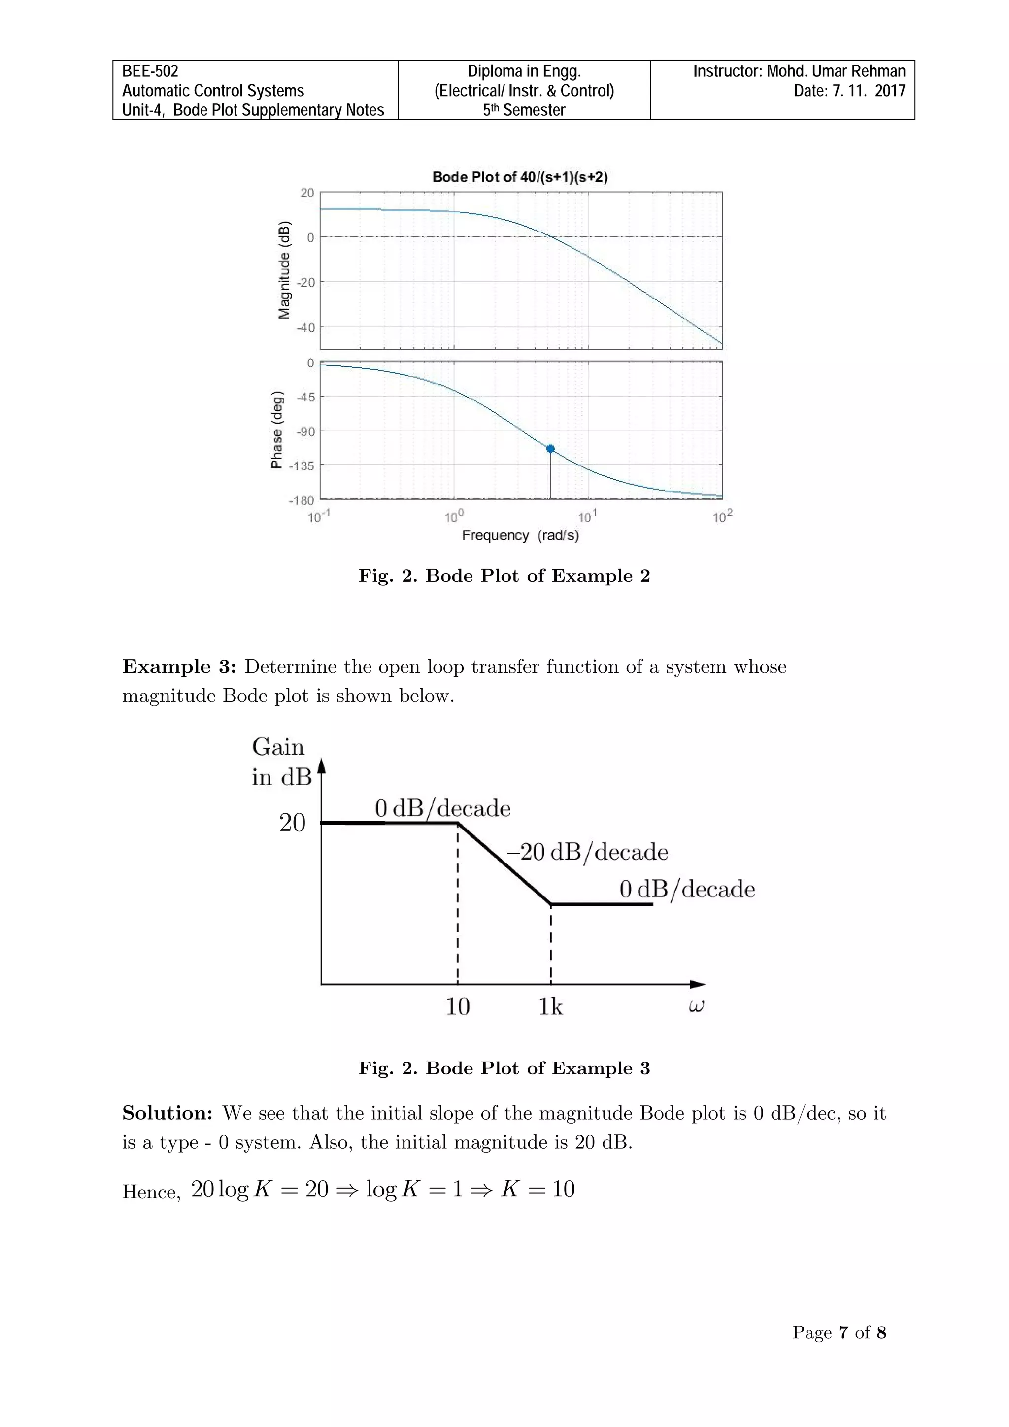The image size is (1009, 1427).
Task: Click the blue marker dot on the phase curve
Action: click(550, 449)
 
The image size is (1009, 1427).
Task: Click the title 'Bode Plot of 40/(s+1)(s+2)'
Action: click(520, 177)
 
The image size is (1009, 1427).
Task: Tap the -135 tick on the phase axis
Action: click(302, 466)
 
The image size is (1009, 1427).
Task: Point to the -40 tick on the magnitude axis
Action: click(305, 328)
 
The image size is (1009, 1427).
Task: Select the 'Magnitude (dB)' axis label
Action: click(284, 270)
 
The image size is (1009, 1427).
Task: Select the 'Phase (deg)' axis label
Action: click(277, 430)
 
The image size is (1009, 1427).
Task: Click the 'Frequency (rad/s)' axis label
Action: click(520, 536)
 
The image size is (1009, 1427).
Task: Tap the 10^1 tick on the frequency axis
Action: click(587, 517)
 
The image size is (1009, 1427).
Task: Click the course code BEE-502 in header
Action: click(150, 71)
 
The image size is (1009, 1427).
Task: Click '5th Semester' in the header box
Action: click(524, 110)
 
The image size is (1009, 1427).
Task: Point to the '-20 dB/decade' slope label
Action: click(587, 852)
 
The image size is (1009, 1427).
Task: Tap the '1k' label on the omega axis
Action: click(550, 1007)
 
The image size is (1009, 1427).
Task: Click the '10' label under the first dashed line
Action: click(458, 1007)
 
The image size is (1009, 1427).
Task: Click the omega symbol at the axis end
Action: click(696, 1006)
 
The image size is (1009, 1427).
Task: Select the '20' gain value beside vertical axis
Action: click(292, 824)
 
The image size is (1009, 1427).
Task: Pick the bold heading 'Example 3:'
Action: click(179, 667)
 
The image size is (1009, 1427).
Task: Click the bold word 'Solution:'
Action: click(167, 1113)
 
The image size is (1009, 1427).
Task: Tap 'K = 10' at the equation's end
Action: click(538, 1189)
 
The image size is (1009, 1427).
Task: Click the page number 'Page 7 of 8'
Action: click(839, 1332)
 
